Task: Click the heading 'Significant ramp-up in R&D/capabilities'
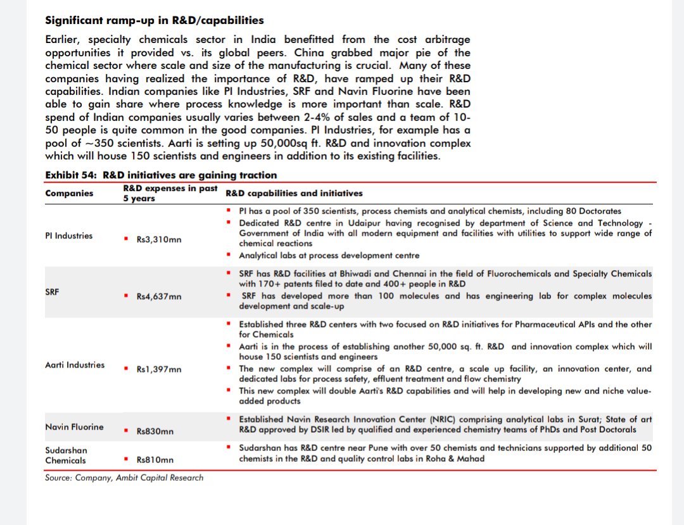pos(155,21)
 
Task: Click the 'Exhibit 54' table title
pos(161,175)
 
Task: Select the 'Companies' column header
pos(69,194)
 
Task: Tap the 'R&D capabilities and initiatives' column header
pos(294,194)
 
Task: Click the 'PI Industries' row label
pos(68,236)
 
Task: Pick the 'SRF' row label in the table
pos(53,292)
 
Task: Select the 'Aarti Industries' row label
pos(75,365)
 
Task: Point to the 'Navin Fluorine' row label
pos(74,427)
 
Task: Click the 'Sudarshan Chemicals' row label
pos(66,455)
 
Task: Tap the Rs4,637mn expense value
pos(158,296)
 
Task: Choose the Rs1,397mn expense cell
pos(158,369)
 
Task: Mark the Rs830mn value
pos(155,431)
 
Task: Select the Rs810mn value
pos(155,460)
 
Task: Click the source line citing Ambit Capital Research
pos(124,478)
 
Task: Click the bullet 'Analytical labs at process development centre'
pos(329,256)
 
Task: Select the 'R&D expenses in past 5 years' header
pos(170,194)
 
